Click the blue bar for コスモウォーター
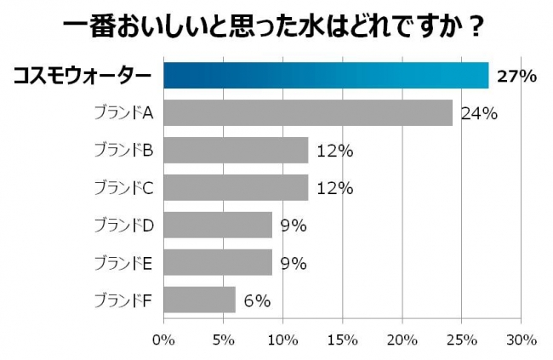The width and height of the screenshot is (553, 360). point(326,76)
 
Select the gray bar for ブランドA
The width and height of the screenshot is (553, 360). point(307,112)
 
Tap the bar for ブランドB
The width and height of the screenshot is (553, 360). point(235,151)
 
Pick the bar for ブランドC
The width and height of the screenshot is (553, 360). point(235,188)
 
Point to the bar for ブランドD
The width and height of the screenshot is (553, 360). point(217,226)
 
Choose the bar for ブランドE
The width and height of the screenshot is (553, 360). point(217,262)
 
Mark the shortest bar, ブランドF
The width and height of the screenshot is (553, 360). point(199,300)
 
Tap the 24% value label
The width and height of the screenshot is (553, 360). point(478,113)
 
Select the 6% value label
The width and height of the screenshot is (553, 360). point(256,300)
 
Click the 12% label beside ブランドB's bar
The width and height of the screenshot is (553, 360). point(334,151)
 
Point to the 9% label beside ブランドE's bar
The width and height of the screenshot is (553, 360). point(293,263)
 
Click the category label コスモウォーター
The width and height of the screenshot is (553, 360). point(82,77)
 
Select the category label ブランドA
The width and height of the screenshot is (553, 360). point(124,113)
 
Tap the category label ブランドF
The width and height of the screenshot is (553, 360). point(124,300)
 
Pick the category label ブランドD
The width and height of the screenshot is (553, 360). point(124,226)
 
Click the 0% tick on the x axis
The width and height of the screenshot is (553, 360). point(162,340)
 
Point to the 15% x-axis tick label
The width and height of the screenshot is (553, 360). point(342,340)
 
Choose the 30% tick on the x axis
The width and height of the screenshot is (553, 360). point(522,340)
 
